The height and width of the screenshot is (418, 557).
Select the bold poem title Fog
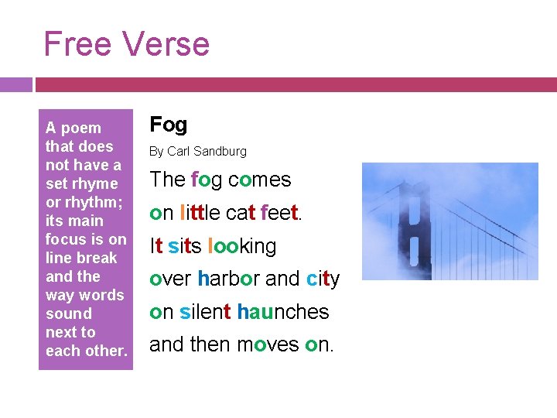(x=168, y=124)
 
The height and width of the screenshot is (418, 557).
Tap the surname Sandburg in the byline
(x=220, y=151)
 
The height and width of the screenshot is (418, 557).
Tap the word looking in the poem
(x=241, y=246)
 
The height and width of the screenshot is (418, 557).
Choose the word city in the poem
(x=323, y=279)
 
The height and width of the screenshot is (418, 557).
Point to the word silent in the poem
(x=205, y=312)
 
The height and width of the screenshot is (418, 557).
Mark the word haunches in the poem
(x=283, y=312)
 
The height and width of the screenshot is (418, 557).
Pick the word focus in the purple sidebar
(x=67, y=239)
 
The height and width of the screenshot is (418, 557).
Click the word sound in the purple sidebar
(x=68, y=313)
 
